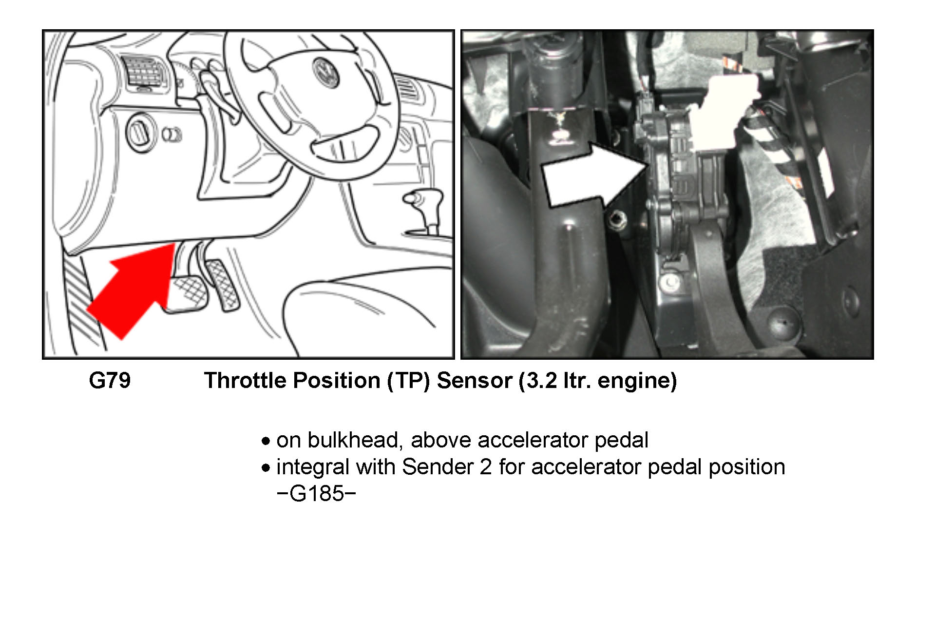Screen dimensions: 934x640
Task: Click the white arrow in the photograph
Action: point(594,175)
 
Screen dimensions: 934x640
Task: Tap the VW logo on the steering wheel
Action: point(325,73)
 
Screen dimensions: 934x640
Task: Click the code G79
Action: point(110,381)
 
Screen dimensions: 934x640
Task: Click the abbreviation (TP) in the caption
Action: point(408,381)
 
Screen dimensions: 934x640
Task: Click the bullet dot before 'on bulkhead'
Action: point(265,442)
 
